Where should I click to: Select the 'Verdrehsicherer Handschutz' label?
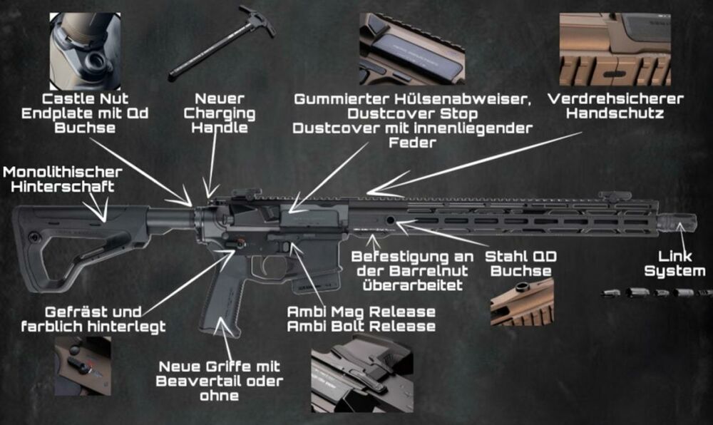616,106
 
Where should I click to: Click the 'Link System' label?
674,263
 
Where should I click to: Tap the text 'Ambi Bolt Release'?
361,327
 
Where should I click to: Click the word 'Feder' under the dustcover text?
413,141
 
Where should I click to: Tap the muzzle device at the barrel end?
677,222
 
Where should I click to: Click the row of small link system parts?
656,292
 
